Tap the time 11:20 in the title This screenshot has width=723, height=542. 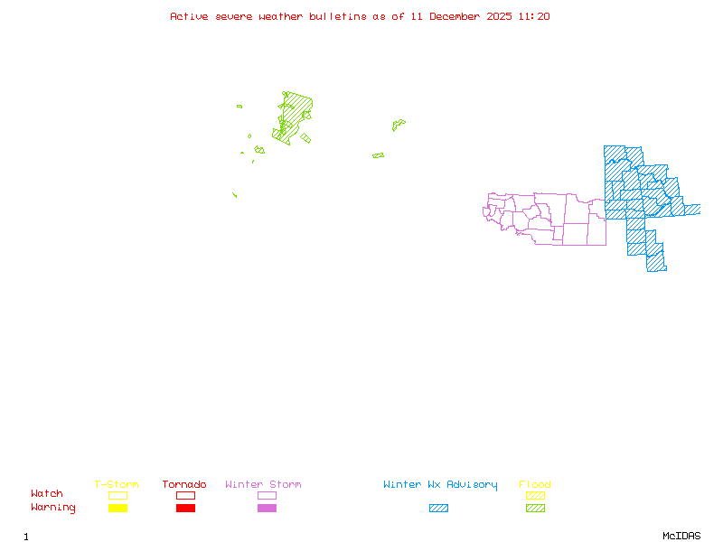(x=535, y=16)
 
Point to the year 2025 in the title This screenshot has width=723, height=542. (x=500, y=16)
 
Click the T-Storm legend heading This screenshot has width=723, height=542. (x=117, y=484)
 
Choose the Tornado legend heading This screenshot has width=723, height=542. (x=184, y=484)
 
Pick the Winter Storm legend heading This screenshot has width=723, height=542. (x=263, y=484)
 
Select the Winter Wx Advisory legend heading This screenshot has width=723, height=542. (x=440, y=484)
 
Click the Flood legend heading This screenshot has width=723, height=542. (x=535, y=484)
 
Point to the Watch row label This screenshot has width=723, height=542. (x=47, y=494)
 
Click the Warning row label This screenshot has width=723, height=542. (x=53, y=508)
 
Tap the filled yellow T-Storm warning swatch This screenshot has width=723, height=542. (x=117, y=508)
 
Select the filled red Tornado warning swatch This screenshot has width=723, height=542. (x=185, y=508)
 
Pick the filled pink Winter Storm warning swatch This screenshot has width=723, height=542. (x=267, y=508)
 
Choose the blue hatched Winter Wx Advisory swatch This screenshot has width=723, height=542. (x=438, y=508)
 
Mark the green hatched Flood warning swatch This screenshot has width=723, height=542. (x=535, y=508)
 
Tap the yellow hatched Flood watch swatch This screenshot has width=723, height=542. (x=535, y=495)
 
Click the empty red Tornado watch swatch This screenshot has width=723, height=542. (x=185, y=495)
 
